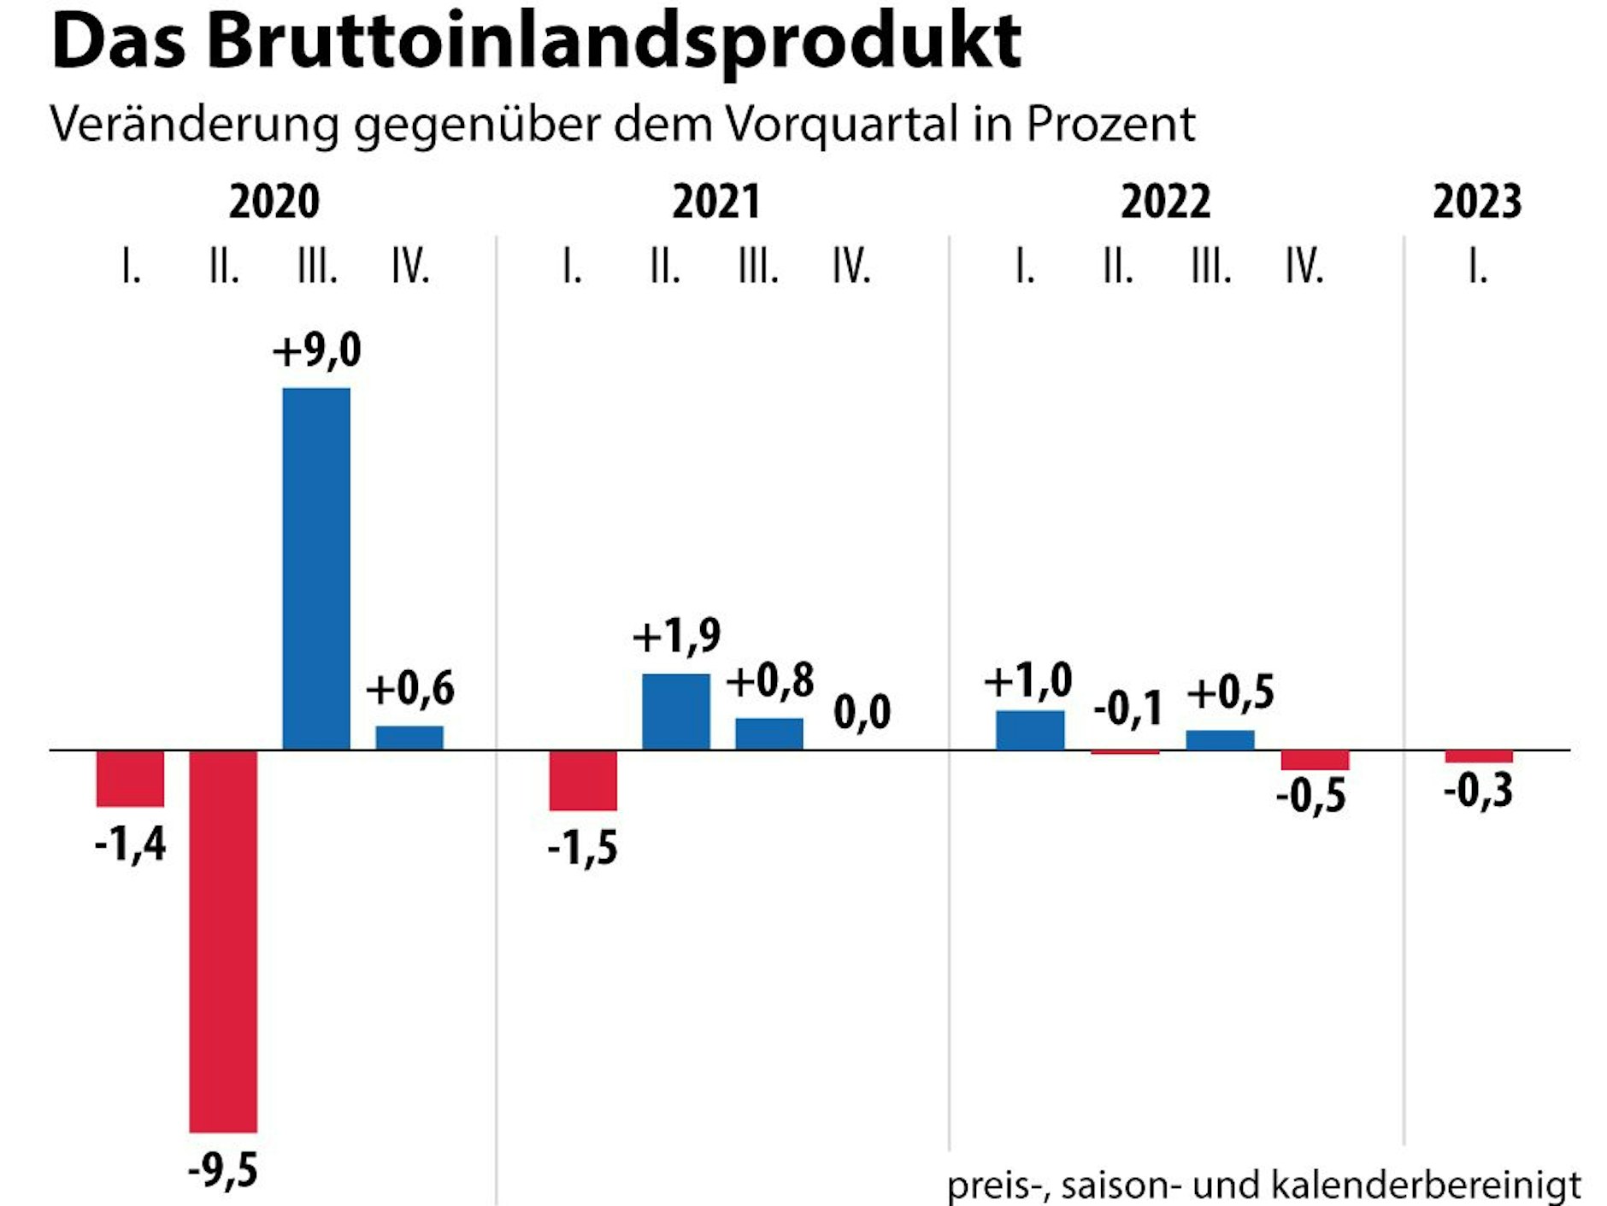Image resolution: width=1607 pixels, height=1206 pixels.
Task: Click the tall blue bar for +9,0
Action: click(316, 568)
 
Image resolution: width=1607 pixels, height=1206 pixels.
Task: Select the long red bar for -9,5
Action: click(223, 940)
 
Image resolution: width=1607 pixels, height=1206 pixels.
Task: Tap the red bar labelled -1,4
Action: click(130, 779)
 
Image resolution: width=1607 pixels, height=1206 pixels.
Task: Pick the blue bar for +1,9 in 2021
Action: click(676, 711)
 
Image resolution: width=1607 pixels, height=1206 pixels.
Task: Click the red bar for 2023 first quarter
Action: click(1479, 757)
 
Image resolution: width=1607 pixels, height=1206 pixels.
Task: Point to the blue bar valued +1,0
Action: click(1030, 730)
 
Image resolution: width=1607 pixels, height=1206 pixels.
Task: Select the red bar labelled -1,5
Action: click(583, 780)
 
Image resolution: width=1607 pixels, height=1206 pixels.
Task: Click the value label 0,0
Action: click(862, 712)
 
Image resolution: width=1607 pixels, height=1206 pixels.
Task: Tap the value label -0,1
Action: click(1128, 709)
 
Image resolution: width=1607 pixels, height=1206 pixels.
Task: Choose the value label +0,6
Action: click(410, 689)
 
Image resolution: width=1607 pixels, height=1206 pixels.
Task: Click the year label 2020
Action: click(274, 203)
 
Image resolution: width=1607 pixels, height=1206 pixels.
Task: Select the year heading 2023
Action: click(1477, 203)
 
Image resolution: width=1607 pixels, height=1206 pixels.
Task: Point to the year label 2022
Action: click(1165, 203)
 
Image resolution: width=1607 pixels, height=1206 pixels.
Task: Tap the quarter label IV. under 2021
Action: click(851, 267)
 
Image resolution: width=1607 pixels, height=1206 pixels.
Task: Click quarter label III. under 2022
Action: click(1211, 267)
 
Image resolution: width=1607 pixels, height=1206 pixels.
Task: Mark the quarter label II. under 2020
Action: click(224, 267)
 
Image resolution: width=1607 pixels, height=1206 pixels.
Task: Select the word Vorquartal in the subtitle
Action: click(842, 125)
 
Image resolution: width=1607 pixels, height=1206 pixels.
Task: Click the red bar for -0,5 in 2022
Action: click(1315, 760)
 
